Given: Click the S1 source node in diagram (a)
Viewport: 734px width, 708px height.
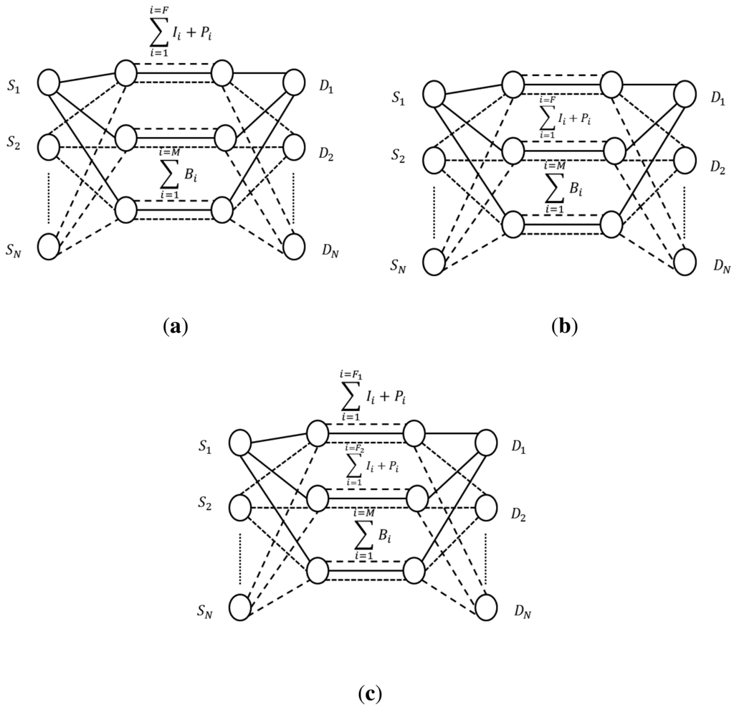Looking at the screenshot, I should (49, 82).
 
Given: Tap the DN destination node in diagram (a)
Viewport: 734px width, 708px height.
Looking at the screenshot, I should (295, 245).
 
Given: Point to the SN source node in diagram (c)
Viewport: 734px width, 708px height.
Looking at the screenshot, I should (241, 608).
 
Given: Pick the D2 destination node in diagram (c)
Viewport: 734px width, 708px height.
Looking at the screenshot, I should (487, 506).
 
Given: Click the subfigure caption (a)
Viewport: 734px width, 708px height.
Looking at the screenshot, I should (175, 327).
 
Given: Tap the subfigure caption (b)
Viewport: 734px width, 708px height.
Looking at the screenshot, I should (564, 327).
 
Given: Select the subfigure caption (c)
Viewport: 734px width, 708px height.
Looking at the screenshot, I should (369, 694).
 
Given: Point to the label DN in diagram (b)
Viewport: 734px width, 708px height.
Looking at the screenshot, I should (721, 268).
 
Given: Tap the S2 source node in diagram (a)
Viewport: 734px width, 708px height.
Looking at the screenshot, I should (49, 147).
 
